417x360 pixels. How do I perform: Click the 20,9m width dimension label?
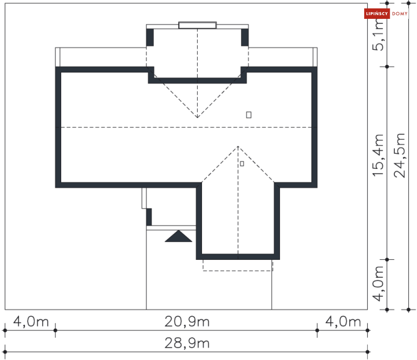187,321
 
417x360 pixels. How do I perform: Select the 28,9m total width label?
187,343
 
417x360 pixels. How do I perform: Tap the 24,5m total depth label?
399,155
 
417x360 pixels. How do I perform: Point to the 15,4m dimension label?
378,155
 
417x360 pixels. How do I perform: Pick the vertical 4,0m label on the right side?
378,284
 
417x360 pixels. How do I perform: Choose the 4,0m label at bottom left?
31,321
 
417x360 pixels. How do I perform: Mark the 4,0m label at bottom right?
343,321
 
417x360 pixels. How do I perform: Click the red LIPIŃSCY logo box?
377,13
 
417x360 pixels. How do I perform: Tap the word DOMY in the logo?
400,13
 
